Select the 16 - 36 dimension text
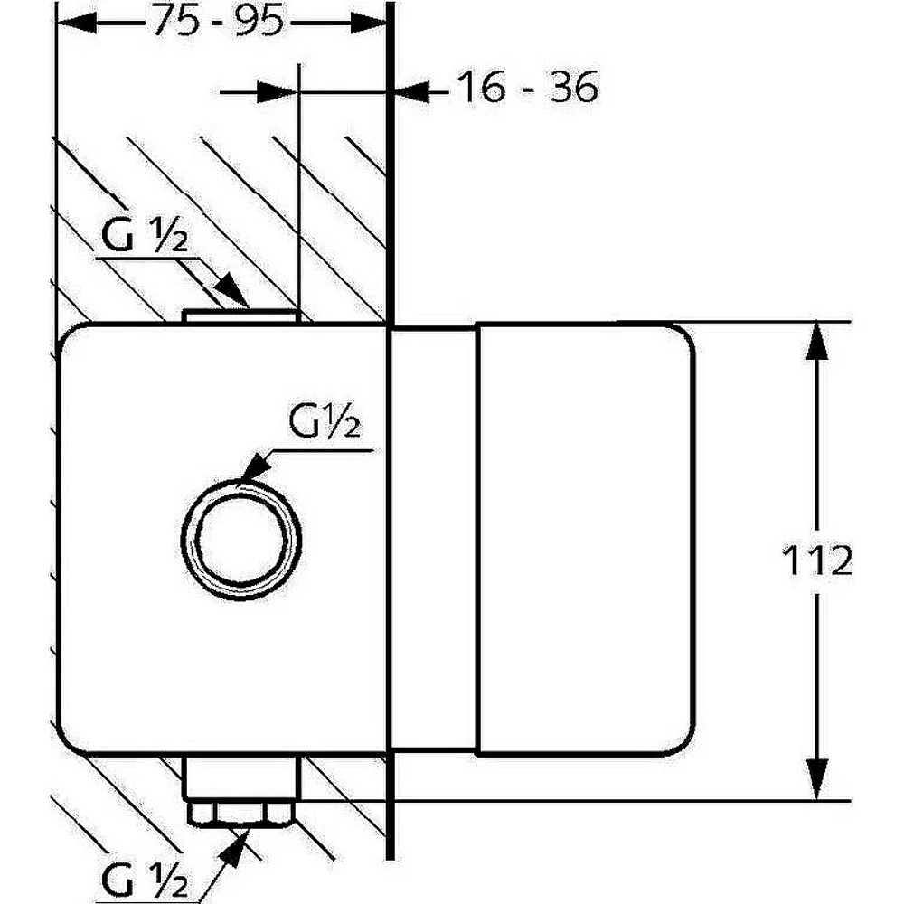pos(528,88)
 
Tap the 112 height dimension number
pos(817,560)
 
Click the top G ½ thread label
pos(144,235)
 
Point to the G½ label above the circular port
pos(325,421)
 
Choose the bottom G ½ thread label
pos(144,879)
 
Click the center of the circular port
pos(241,540)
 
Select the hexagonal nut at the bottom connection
pos(241,813)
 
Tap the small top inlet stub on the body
pos(241,316)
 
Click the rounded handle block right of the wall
pos(586,539)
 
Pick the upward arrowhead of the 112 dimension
pos(817,342)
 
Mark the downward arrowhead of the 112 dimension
pos(817,779)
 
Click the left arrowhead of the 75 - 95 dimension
pos(76,24)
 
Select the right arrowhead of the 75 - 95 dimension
pos(369,24)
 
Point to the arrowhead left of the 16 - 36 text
pos(411,91)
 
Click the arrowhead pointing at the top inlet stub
pos(232,289)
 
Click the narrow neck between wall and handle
pos(434,539)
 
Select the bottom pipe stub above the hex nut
pos(241,777)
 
